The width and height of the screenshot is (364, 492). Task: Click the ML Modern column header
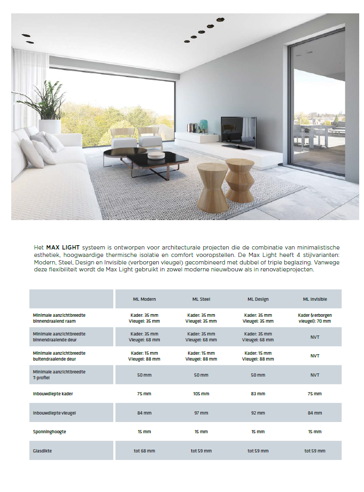pos(144,299)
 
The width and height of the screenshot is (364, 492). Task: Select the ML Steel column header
pos(201,299)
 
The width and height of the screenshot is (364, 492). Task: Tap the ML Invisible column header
pos(315,299)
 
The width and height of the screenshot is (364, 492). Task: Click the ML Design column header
pos(258,299)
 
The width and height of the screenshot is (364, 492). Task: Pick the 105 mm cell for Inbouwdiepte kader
pos(201,394)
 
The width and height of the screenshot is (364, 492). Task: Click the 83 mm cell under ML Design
pos(258,394)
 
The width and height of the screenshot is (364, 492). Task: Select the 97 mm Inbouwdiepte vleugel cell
pos(201,413)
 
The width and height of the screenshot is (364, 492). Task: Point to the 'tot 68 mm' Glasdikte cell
pos(144,451)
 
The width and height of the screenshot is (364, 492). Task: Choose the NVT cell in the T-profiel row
pos(315,375)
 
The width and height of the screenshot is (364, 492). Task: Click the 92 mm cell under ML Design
pos(258,413)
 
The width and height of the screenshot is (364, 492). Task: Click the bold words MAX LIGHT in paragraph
pos(63,248)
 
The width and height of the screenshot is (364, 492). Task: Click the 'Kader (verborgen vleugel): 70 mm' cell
pos(315,318)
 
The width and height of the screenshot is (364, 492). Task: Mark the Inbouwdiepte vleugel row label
pos(54,413)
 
